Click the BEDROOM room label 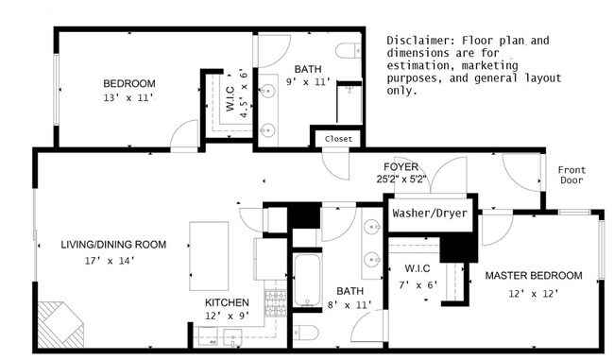[129, 83]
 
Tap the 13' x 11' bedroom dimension [128, 97]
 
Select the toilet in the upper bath [349, 51]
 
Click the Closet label [338, 139]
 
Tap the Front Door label [571, 175]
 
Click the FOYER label [401, 167]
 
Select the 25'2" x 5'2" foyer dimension [401, 179]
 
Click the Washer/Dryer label [430, 214]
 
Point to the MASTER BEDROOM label [534, 275]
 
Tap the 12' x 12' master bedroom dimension [534, 294]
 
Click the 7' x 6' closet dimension [418, 284]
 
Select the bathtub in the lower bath [307, 280]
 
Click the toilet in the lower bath [305, 333]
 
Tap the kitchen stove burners [276, 303]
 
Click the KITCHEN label [227, 302]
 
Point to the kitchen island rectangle [209, 256]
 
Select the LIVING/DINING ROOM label [113, 245]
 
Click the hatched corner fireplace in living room [60, 324]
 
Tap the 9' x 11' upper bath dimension [308, 82]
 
